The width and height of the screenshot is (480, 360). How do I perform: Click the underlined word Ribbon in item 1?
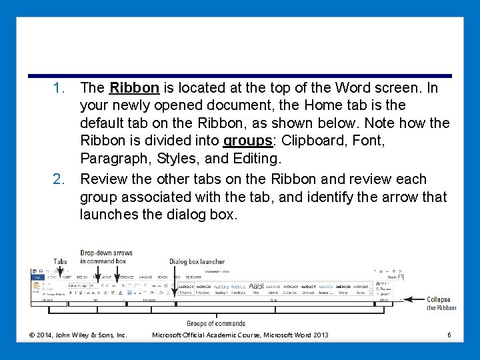click(x=134, y=88)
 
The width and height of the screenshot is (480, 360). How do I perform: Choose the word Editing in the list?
click(x=255, y=159)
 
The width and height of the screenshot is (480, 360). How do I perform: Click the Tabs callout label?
click(x=61, y=261)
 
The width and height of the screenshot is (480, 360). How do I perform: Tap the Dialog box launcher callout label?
click(x=197, y=261)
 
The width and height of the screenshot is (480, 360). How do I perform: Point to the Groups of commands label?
click(x=216, y=324)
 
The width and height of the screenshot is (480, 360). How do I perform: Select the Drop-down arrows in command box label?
click(x=106, y=257)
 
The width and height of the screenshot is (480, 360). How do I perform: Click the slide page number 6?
click(x=449, y=334)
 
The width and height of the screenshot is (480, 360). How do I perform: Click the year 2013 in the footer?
click(x=320, y=334)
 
